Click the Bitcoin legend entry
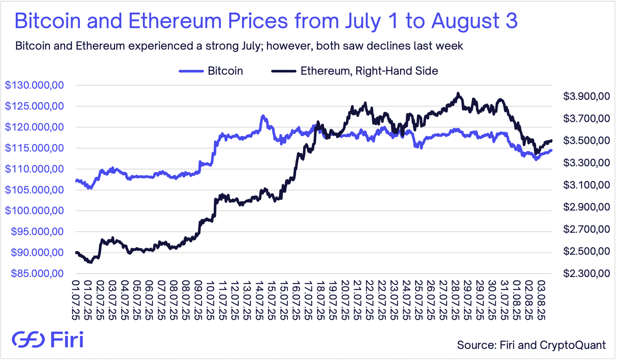click(x=225, y=71)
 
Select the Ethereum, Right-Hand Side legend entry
click(x=369, y=71)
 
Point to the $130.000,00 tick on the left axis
click(x=34, y=85)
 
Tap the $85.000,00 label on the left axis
click(x=37, y=274)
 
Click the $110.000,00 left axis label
click(x=34, y=169)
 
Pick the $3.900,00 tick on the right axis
click(x=586, y=96)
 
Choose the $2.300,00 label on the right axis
click(x=586, y=274)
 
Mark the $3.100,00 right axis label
click(x=586, y=185)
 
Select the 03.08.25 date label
click(x=541, y=300)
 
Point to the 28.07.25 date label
click(x=455, y=300)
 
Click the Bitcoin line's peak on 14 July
click(x=263, y=116)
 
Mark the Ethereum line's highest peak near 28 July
click(x=458, y=94)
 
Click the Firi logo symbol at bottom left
click(x=28, y=339)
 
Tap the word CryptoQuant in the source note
click(x=573, y=345)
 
